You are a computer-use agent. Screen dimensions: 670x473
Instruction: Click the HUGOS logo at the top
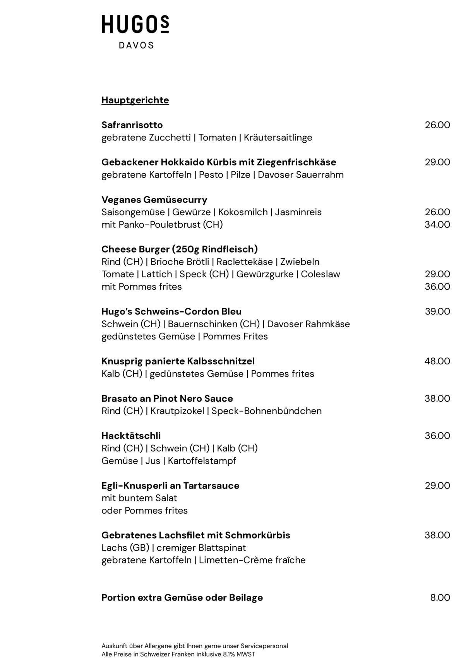point(135,24)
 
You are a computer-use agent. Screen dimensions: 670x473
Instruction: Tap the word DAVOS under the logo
point(136,45)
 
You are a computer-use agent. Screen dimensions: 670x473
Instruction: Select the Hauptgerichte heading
point(135,100)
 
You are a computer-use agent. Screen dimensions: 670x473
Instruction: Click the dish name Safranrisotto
point(132,125)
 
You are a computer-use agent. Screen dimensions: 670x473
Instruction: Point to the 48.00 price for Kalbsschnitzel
point(437,361)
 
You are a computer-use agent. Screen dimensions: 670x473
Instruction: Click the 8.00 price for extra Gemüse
point(440,597)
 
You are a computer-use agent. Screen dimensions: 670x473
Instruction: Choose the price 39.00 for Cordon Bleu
point(437,312)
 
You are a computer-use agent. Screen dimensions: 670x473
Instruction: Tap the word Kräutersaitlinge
point(278,138)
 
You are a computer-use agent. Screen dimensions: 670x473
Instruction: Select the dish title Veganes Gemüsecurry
point(154,200)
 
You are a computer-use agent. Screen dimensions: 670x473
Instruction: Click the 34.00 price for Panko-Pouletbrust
point(437,224)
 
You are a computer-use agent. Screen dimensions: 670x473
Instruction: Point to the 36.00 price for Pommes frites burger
point(437,287)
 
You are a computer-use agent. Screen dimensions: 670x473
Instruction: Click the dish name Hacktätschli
point(131,436)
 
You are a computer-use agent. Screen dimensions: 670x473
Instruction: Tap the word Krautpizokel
point(177,411)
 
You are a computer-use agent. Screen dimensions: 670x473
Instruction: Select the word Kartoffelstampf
point(202,461)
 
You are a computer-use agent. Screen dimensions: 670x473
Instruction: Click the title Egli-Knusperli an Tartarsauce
point(170,485)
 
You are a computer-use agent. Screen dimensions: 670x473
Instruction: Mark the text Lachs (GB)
point(125,548)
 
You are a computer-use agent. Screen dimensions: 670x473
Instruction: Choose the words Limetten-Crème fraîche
point(252,560)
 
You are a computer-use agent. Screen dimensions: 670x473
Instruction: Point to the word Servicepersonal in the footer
point(264,646)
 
